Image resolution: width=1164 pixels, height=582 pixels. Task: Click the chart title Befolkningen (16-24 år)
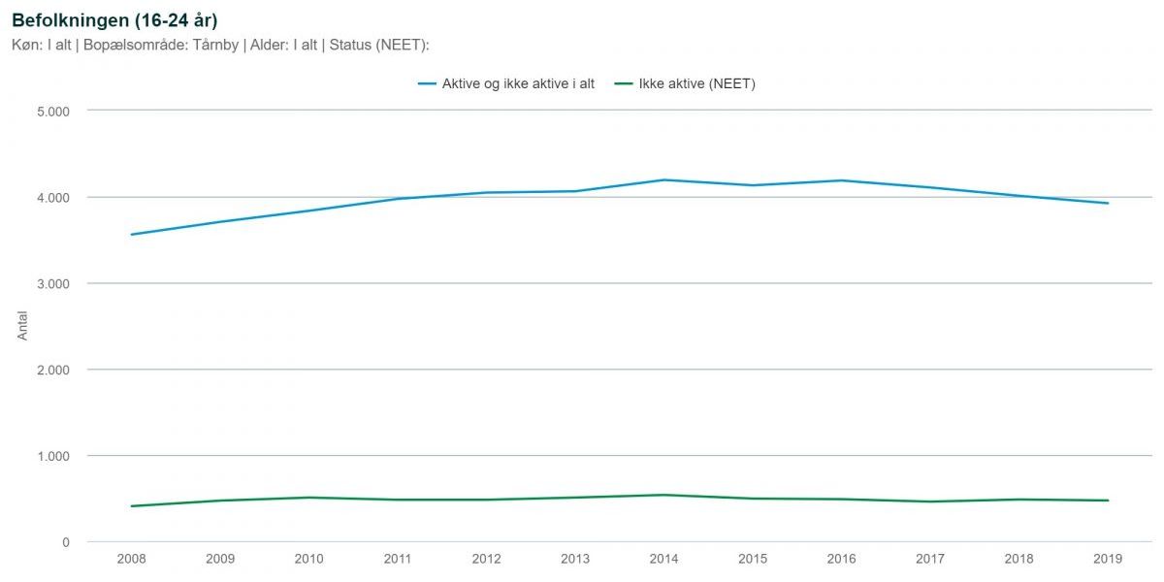[x=114, y=20]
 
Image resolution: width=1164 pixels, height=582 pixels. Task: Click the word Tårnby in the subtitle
[x=215, y=45]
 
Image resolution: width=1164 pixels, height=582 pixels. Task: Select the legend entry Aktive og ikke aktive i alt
[x=506, y=83]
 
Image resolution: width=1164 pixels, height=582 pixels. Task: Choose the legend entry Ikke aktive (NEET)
[x=685, y=83]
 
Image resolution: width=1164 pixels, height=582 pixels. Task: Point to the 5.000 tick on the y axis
[x=53, y=112]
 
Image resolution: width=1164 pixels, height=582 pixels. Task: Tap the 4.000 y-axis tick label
[x=53, y=198]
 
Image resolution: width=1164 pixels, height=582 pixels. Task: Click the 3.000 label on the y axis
[x=53, y=284]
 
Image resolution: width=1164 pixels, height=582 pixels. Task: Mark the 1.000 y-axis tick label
[x=53, y=456]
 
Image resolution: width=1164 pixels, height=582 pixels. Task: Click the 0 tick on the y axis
[x=66, y=542]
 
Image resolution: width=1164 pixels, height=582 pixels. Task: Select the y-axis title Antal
[x=22, y=326]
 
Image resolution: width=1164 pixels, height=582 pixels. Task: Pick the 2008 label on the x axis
[x=132, y=559]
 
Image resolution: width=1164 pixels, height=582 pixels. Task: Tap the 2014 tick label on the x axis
[x=664, y=559]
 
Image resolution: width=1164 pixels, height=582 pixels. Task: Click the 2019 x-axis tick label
[x=1108, y=559]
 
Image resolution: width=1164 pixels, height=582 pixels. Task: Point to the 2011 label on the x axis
[x=398, y=559]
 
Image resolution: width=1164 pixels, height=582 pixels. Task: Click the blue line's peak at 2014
[x=664, y=179]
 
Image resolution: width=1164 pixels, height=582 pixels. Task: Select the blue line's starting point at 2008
[x=132, y=235]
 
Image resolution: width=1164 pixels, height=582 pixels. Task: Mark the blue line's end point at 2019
[x=1108, y=203]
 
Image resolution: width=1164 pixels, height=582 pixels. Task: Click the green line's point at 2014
[x=664, y=495]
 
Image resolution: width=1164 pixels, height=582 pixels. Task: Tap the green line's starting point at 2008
[x=132, y=506]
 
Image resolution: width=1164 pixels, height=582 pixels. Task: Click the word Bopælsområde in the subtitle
[x=136, y=46]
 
